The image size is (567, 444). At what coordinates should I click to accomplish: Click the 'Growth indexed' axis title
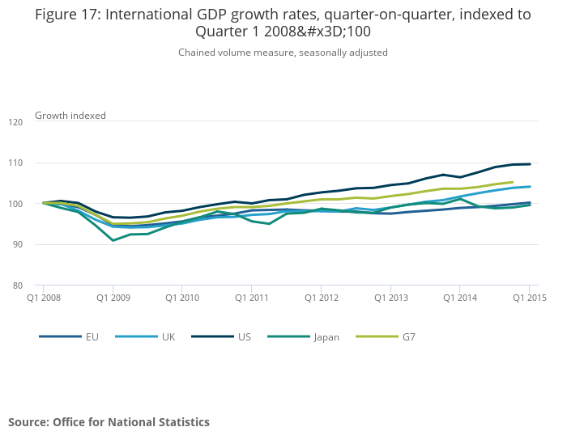(x=70, y=116)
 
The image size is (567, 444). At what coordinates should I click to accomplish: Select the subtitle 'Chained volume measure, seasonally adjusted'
(x=283, y=53)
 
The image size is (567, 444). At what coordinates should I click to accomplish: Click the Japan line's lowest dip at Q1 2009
(x=113, y=240)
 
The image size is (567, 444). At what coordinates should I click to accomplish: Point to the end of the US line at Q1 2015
(x=530, y=164)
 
